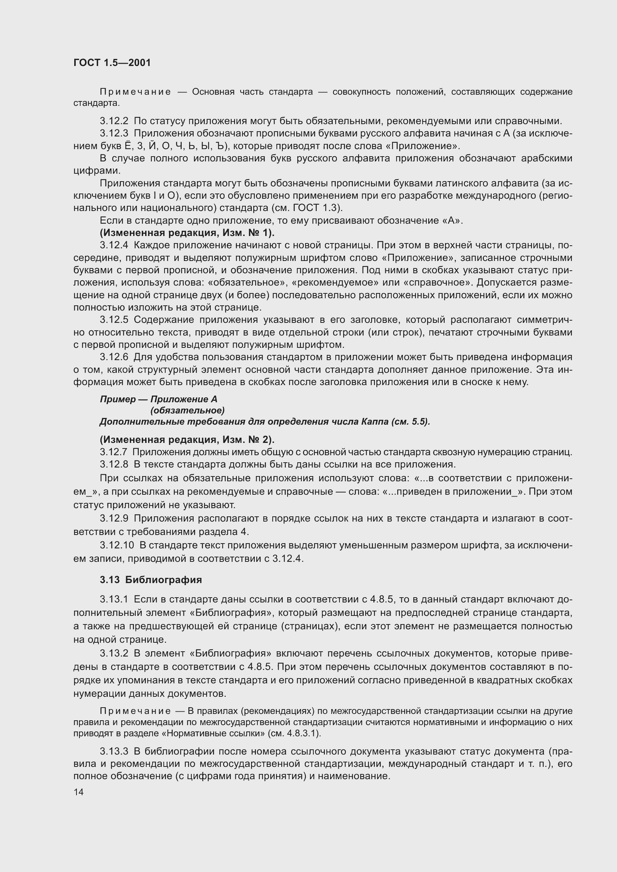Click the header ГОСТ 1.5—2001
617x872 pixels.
(x=112, y=63)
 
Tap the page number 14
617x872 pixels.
(x=78, y=792)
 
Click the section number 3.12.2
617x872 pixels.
(x=114, y=121)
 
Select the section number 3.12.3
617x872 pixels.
(x=114, y=133)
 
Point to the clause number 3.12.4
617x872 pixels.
(x=114, y=245)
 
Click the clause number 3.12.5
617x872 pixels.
(x=114, y=320)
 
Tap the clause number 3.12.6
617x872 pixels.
(x=114, y=357)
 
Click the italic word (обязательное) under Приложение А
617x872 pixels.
(x=187, y=410)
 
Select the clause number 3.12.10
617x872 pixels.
(x=117, y=545)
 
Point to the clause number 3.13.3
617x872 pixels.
(x=114, y=751)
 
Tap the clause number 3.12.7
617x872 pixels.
(x=114, y=452)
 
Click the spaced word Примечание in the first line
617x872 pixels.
(x=135, y=92)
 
